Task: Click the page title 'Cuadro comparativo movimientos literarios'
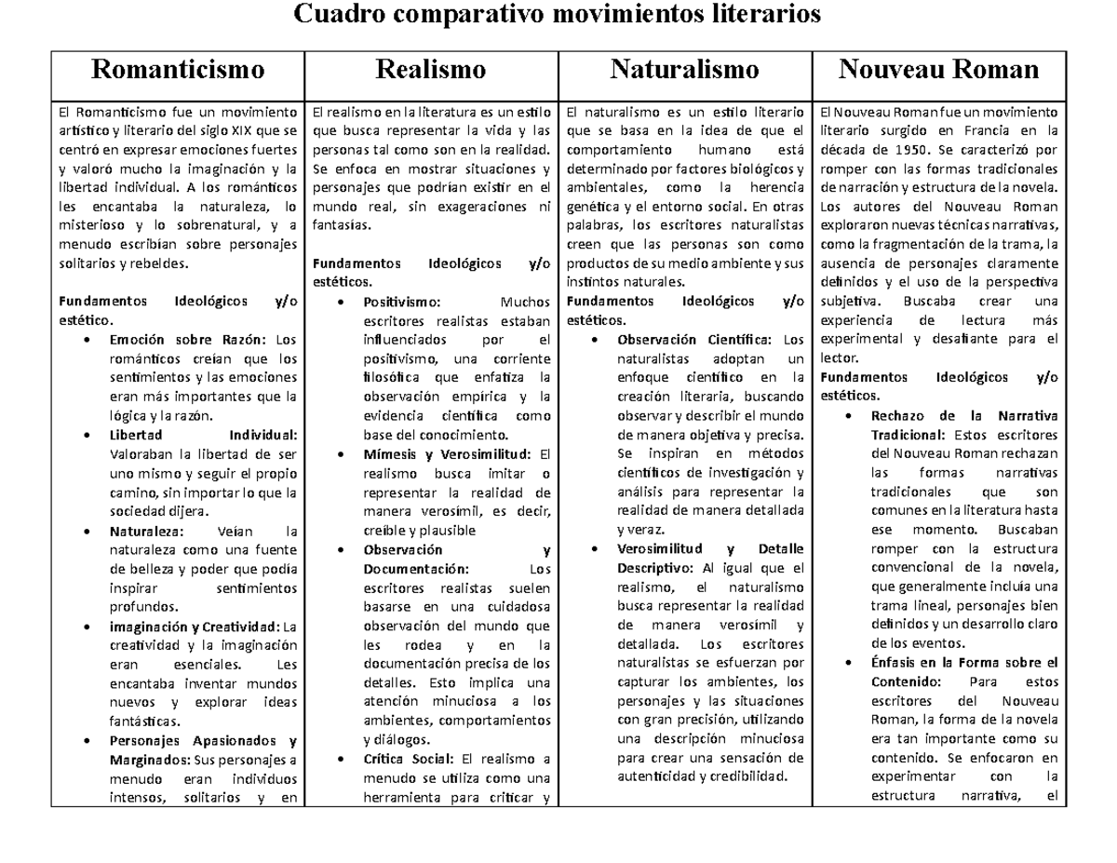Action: (x=558, y=15)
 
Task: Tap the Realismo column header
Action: (x=430, y=70)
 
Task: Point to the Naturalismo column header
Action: (x=684, y=70)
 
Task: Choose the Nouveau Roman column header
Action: (x=938, y=70)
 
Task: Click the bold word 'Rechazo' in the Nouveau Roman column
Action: (x=899, y=415)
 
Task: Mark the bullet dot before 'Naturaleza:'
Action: (x=87, y=532)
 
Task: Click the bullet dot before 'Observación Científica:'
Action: (x=596, y=340)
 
